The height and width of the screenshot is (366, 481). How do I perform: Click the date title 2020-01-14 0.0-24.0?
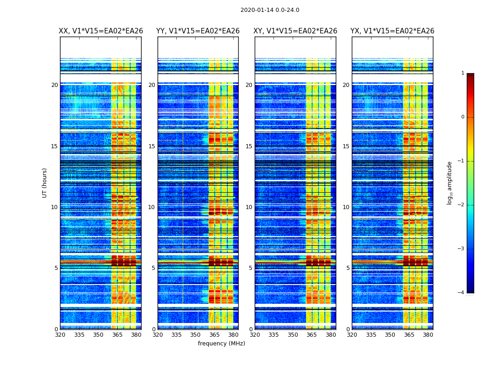[270, 10]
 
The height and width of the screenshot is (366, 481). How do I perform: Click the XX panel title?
[101, 31]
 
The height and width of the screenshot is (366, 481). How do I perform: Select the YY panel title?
[198, 31]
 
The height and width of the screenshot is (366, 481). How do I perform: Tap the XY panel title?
[295, 31]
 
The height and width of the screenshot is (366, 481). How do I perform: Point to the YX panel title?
[393, 31]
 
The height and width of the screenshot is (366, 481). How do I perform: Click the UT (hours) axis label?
[45, 183]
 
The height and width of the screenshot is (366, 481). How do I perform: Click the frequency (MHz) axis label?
[221, 344]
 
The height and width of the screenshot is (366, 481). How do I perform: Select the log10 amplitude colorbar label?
[450, 183]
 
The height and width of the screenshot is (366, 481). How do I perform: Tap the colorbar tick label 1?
[463, 73]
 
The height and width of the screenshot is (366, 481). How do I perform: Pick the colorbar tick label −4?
[461, 293]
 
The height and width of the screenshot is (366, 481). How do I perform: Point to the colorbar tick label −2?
[461, 205]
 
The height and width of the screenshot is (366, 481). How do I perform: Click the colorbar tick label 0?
[463, 117]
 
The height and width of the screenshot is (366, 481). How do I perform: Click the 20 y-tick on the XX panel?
[55, 85]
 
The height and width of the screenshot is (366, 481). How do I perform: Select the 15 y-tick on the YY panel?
[152, 146]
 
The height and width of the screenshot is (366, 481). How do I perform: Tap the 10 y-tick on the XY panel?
[249, 207]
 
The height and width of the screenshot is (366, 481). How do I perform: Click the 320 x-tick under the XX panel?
[60, 335]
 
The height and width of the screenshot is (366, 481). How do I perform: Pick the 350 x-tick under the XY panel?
[293, 335]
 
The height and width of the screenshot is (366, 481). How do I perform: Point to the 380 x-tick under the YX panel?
[428, 335]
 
